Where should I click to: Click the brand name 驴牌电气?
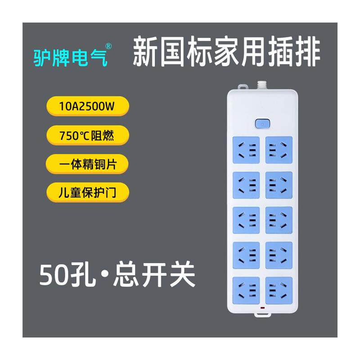pos(71,58)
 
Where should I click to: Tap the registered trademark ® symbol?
pos(109,46)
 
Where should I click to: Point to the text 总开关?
pos(154,275)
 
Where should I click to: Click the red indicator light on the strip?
pos(262,308)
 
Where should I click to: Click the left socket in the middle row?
pos(246,220)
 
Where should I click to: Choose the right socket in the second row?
pos(279,184)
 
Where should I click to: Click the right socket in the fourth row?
pos(279,255)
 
